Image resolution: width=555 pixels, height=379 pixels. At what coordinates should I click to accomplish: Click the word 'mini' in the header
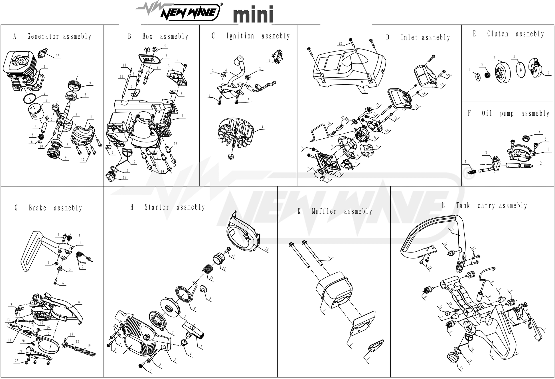pyautogui.click(x=253, y=14)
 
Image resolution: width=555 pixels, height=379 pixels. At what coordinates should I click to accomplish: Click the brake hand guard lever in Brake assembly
pyautogui.click(x=31, y=251)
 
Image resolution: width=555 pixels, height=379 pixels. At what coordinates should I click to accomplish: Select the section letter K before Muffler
pyautogui.click(x=299, y=211)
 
